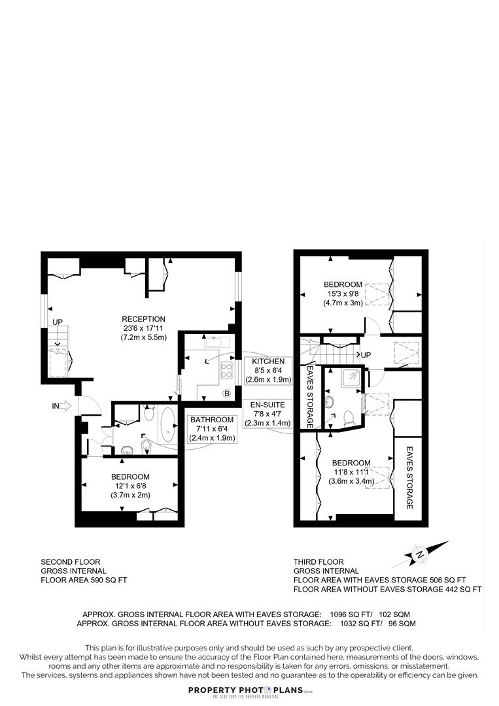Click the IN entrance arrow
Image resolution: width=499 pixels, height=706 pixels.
click(x=64, y=406)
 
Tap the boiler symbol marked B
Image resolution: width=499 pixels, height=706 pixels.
click(x=227, y=393)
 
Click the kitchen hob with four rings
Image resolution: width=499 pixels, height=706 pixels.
click(x=228, y=371)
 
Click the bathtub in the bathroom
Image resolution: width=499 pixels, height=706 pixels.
click(x=168, y=428)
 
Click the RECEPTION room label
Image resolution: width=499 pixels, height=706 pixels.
click(x=144, y=319)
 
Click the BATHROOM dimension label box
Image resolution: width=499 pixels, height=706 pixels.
click(x=212, y=429)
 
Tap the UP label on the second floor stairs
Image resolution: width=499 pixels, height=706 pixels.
click(x=58, y=322)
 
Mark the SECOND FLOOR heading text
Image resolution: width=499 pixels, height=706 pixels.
click(x=71, y=562)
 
